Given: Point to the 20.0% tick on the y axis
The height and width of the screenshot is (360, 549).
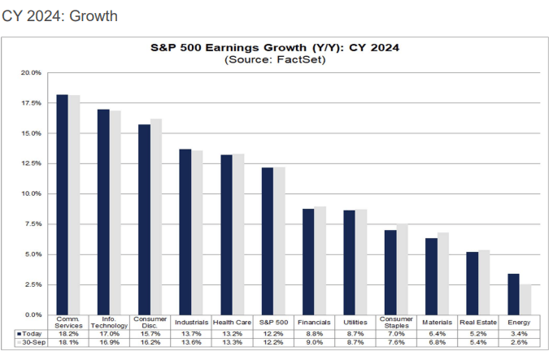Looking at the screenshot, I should [x=30, y=72].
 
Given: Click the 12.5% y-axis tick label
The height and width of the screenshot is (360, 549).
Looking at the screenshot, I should [x=30, y=163].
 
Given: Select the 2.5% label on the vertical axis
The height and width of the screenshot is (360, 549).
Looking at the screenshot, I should [x=32, y=284].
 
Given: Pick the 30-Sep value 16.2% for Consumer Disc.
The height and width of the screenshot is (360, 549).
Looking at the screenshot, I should [x=150, y=343].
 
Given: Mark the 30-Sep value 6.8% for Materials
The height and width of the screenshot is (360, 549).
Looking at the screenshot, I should [x=437, y=343].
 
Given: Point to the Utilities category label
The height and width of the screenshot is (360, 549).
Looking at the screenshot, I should [x=355, y=323].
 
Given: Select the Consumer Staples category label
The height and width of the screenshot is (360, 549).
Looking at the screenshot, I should [x=396, y=323].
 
